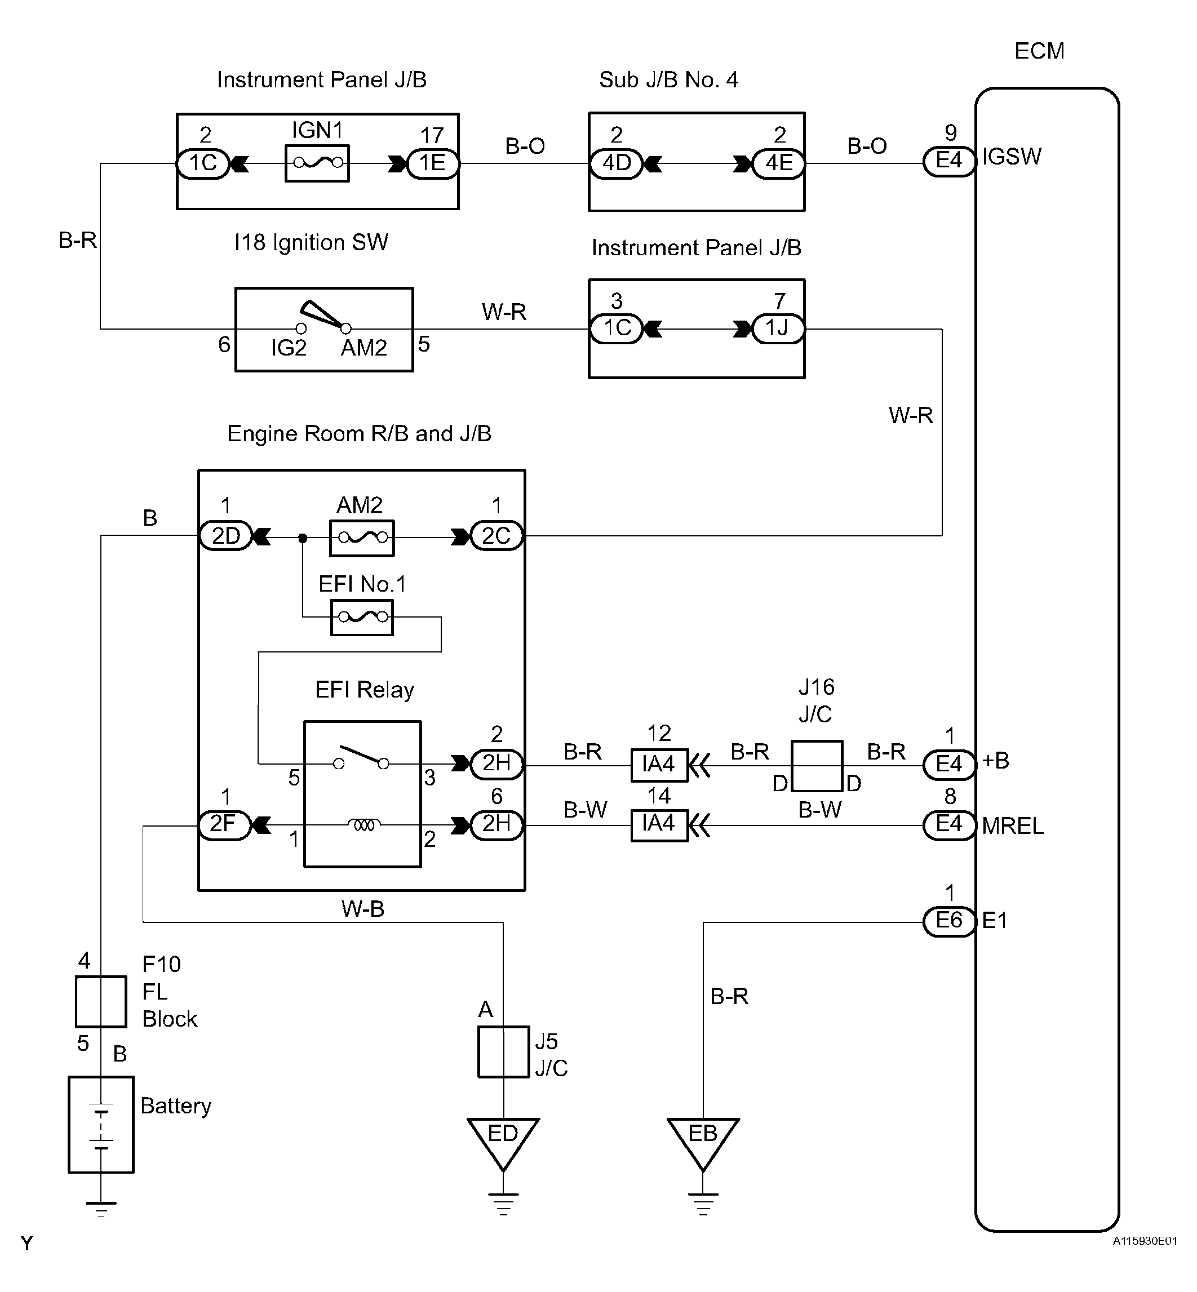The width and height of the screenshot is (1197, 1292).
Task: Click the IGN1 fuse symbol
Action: [317, 163]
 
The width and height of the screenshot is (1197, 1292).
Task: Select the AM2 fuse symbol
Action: [362, 538]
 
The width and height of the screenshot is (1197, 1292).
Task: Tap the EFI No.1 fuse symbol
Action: [362, 617]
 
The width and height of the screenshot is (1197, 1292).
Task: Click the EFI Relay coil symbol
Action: [363, 825]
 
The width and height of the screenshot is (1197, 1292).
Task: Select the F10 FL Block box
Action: [101, 1002]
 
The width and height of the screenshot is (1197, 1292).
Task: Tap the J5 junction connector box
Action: [503, 1052]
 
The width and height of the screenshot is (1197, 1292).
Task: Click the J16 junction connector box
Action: [817, 766]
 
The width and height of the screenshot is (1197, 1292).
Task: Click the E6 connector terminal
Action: [949, 920]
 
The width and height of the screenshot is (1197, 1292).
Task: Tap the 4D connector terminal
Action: [616, 163]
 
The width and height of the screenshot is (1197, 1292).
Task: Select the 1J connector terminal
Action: [778, 328]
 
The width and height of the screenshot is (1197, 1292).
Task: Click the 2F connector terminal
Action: [224, 825]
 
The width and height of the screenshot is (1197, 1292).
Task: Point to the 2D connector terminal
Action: [225, 536]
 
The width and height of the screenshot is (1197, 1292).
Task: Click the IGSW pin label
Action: [1012, 157]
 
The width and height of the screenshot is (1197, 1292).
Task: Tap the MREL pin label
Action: [1012, 827]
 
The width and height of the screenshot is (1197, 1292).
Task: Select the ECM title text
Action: [1039, 51]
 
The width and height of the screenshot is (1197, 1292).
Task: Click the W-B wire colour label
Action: [363, 909]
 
